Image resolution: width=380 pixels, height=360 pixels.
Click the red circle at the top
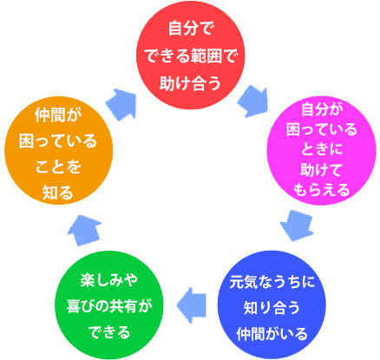coord(191,55)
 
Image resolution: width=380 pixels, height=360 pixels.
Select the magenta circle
coord(321,150)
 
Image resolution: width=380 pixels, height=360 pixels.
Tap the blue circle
coord(272,304)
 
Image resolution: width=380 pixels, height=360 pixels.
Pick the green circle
coord(109,304)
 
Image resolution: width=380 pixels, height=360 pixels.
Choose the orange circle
coord(58,150)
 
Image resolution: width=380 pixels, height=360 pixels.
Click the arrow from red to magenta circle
coord(253,101)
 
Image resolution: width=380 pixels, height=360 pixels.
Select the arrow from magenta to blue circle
coord(297,226)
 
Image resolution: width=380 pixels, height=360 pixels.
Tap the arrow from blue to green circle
coord(192,305)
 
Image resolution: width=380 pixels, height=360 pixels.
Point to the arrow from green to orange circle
coord(84,231)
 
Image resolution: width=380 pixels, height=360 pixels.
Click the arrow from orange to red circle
coord(121,104)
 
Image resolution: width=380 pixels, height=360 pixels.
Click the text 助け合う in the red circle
coord(190,83)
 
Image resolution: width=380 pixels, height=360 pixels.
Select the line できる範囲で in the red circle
coord(191,56)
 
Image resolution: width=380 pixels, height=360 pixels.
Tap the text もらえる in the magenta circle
coord(322,190)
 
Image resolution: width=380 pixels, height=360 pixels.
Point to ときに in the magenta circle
coord(322,149)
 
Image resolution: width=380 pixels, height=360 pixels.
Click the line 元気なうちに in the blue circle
coord(272,282)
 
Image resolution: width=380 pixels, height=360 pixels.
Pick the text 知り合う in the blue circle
coord(272,308)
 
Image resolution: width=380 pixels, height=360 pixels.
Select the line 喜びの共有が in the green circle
coord(109,306)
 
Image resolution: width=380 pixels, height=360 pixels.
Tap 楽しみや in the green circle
coord(109,280)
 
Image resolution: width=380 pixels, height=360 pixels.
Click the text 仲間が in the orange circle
coord(58,115)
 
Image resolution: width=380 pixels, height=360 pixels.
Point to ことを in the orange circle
coord(58,167)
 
